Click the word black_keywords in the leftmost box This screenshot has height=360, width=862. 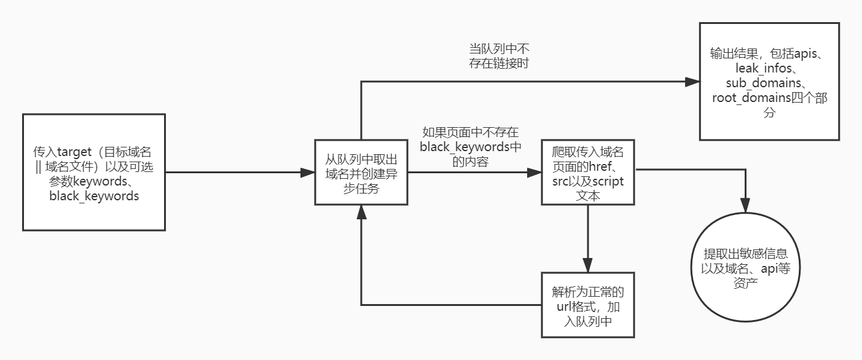point(94,196)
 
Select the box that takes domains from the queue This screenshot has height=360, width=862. point(361,173)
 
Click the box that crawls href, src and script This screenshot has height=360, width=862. point(588,173)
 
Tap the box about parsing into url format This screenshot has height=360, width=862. point(587,305)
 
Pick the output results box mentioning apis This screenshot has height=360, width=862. point(769,80)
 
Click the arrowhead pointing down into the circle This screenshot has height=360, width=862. point(746,207)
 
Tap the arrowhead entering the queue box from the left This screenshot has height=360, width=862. point(307,173)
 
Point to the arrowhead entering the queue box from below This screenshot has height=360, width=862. point(361,212)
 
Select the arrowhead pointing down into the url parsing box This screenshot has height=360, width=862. point(587,265)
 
